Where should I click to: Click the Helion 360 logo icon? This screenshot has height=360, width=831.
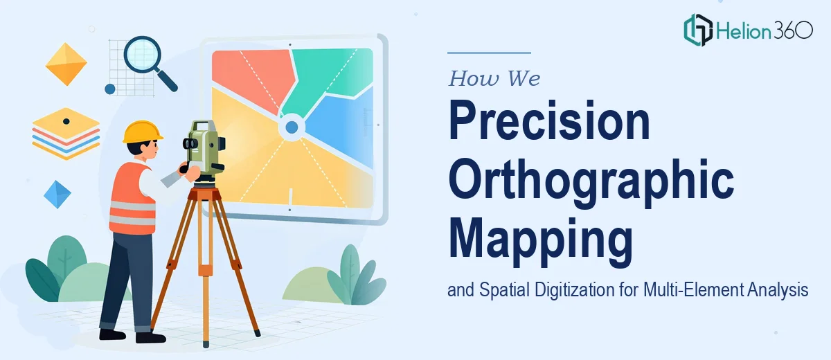click(x=698, y=30)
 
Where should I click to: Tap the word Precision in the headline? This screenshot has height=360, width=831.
click(x=549, y=120)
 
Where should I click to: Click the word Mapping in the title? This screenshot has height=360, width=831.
click(x=541, y=241)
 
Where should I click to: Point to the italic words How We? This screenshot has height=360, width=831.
click(x=494, y=79)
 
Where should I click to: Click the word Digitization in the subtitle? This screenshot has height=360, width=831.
click(x=575, y=289)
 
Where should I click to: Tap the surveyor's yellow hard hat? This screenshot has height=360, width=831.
click(x=143, y=132)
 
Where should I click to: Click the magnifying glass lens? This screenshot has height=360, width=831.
click(x=142, y=54)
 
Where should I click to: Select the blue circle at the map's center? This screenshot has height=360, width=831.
click(x=292, y=127)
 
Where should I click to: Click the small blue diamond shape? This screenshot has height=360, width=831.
click(x=57, y=195)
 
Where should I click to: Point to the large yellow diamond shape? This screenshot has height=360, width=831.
click(x=66, y=64)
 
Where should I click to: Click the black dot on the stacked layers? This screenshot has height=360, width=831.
click(x=66, y=121)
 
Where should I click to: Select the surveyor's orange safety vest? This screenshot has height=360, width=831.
click(x=132, y=199)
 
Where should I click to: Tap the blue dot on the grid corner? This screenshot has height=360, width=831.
click(x=110, y=89)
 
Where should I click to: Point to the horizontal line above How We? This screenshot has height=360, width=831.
click(x=489, y=53)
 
